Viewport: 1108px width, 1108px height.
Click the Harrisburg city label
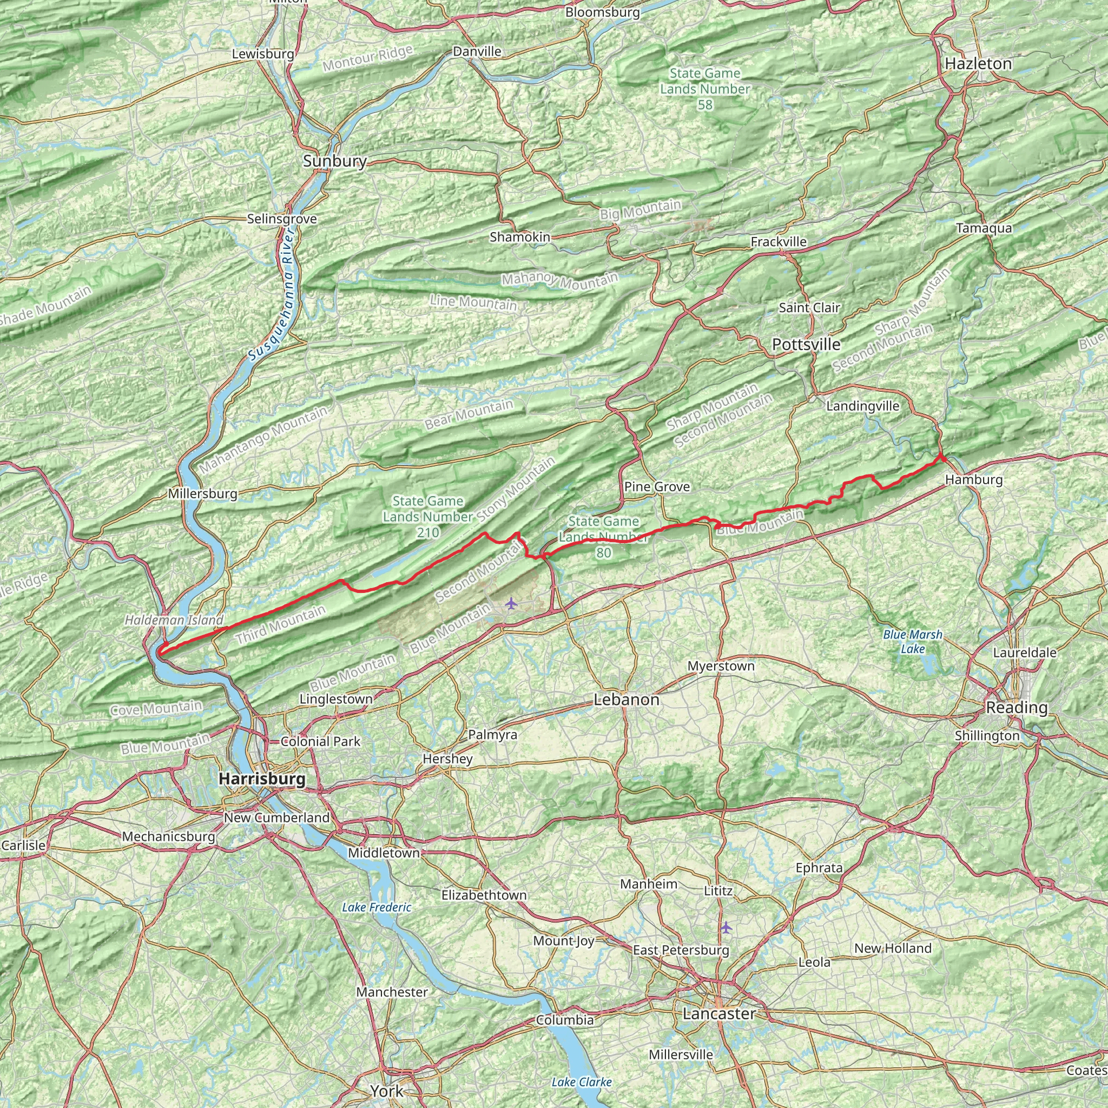262,779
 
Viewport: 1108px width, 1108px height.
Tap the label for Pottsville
806,344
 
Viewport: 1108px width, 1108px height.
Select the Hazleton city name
978,64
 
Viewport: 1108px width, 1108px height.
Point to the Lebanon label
626,700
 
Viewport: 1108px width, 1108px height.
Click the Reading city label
1017,708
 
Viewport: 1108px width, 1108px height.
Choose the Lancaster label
719,1014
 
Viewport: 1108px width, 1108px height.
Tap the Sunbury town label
335,161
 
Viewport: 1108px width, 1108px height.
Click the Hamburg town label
974,479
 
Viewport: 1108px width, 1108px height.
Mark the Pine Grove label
657,487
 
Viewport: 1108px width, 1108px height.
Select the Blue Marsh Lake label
913,642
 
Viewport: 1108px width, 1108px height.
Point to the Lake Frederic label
377,907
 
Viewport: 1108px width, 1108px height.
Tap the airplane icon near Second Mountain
511,603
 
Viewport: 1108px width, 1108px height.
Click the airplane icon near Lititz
726,927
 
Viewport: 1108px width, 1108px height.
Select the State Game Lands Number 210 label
428,517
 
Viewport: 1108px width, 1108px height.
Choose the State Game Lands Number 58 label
705,89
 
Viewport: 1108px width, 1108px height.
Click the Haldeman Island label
174,620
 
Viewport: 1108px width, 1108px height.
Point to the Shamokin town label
519,237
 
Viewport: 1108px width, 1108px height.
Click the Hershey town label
447,759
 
